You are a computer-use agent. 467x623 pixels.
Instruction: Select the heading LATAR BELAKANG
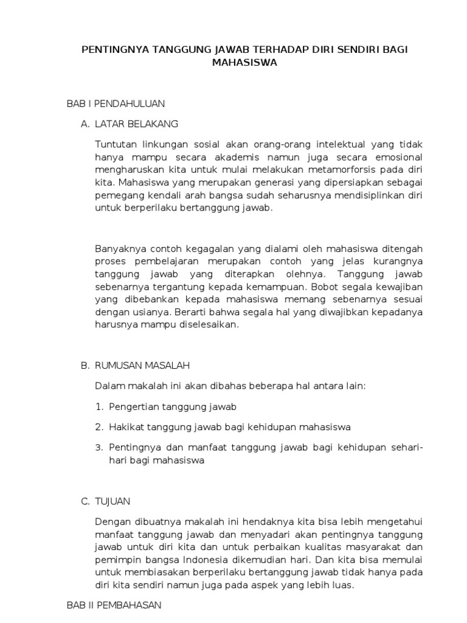click(x=137, y=124)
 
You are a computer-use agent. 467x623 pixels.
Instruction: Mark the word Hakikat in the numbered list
click(x=125, y=426)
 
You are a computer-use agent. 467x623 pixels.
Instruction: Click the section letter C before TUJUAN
click(x=85, y=501)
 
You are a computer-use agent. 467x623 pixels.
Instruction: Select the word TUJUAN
click(x=112, y=501)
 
